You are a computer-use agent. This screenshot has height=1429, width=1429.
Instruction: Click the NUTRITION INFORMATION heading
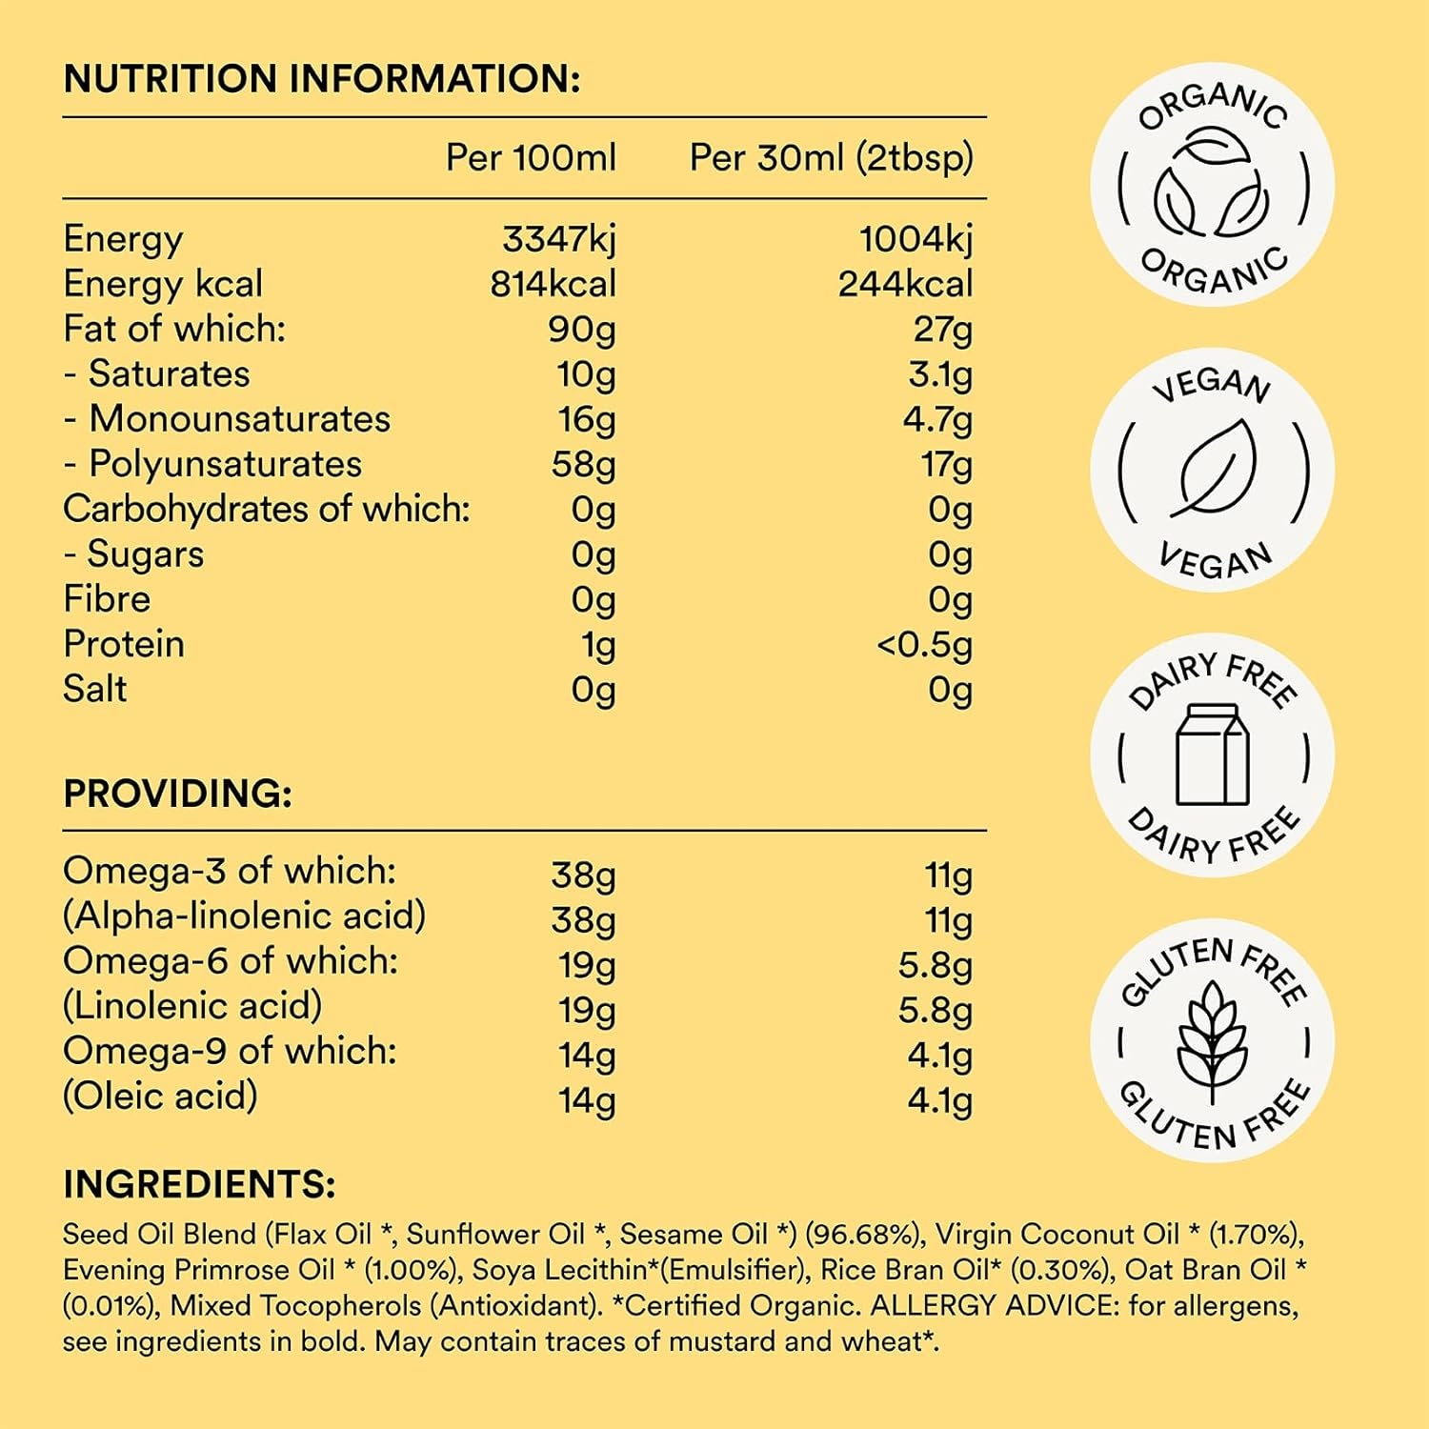(x=321, y=79)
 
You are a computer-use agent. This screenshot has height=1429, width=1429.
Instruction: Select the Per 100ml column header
(x=531, y=158)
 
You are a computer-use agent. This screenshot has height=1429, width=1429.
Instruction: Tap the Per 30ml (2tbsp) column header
(x=831, y=158)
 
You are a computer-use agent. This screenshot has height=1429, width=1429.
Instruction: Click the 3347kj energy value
(x=559, y=239)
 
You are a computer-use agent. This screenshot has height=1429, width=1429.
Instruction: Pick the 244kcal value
(x=905, y=284)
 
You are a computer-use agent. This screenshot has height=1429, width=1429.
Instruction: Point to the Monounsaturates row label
(x=239, y=419)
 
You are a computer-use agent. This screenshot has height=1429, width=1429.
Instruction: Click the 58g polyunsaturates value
(x=583, y=465)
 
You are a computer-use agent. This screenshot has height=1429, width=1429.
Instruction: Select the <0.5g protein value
(x=924, y=645)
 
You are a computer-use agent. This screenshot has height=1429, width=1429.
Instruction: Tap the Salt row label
(x=94, y=689)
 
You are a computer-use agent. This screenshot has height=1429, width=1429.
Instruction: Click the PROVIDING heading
(x=177, y=794)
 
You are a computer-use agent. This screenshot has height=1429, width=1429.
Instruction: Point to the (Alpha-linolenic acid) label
(x=244, y=916)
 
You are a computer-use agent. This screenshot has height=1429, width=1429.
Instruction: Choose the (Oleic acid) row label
(x=160, y=1096)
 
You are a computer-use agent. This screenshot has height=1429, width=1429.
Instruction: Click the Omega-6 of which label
(x=231, y=960)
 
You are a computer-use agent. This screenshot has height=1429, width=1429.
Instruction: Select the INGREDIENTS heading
(x=199, y=1184)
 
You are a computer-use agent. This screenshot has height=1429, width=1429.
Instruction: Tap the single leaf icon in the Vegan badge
(x=1212, y=469)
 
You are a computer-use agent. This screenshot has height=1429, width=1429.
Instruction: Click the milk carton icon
(x=1212, y=755)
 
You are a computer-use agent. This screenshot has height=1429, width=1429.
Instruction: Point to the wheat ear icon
(x=1212, y=1040)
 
